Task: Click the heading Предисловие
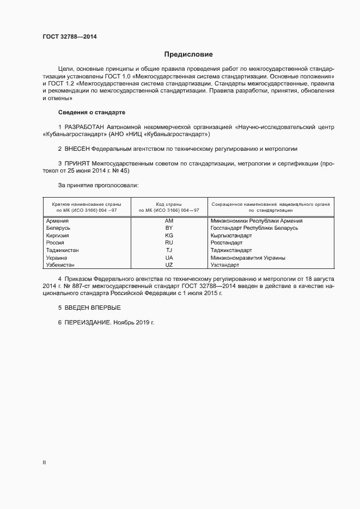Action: point(188,54)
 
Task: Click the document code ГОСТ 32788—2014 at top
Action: point(71,37)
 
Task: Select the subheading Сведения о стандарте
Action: point(91,112)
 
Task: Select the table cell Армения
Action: point(58,221)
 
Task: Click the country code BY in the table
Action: point(169,228)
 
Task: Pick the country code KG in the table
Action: point(169,236)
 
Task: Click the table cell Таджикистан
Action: point(63,250)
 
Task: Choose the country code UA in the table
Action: point(169,257)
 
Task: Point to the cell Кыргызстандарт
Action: point(231,236)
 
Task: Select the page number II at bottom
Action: point(44,462)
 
